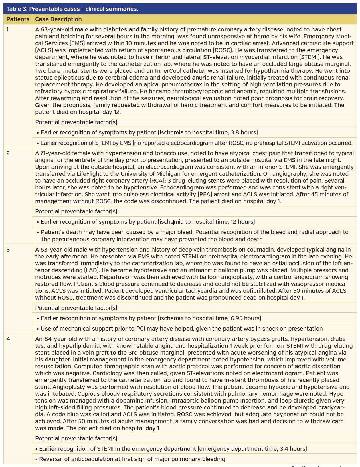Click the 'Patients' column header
point(18,19)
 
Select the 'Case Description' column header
point(58,19)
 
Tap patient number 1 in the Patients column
point(8,29)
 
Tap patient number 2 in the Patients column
point(8,153)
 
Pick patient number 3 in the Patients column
point(8,250)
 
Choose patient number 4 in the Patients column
point(8,339)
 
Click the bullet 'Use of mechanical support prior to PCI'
point(181,329)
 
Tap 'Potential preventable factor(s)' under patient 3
point(76,308)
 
